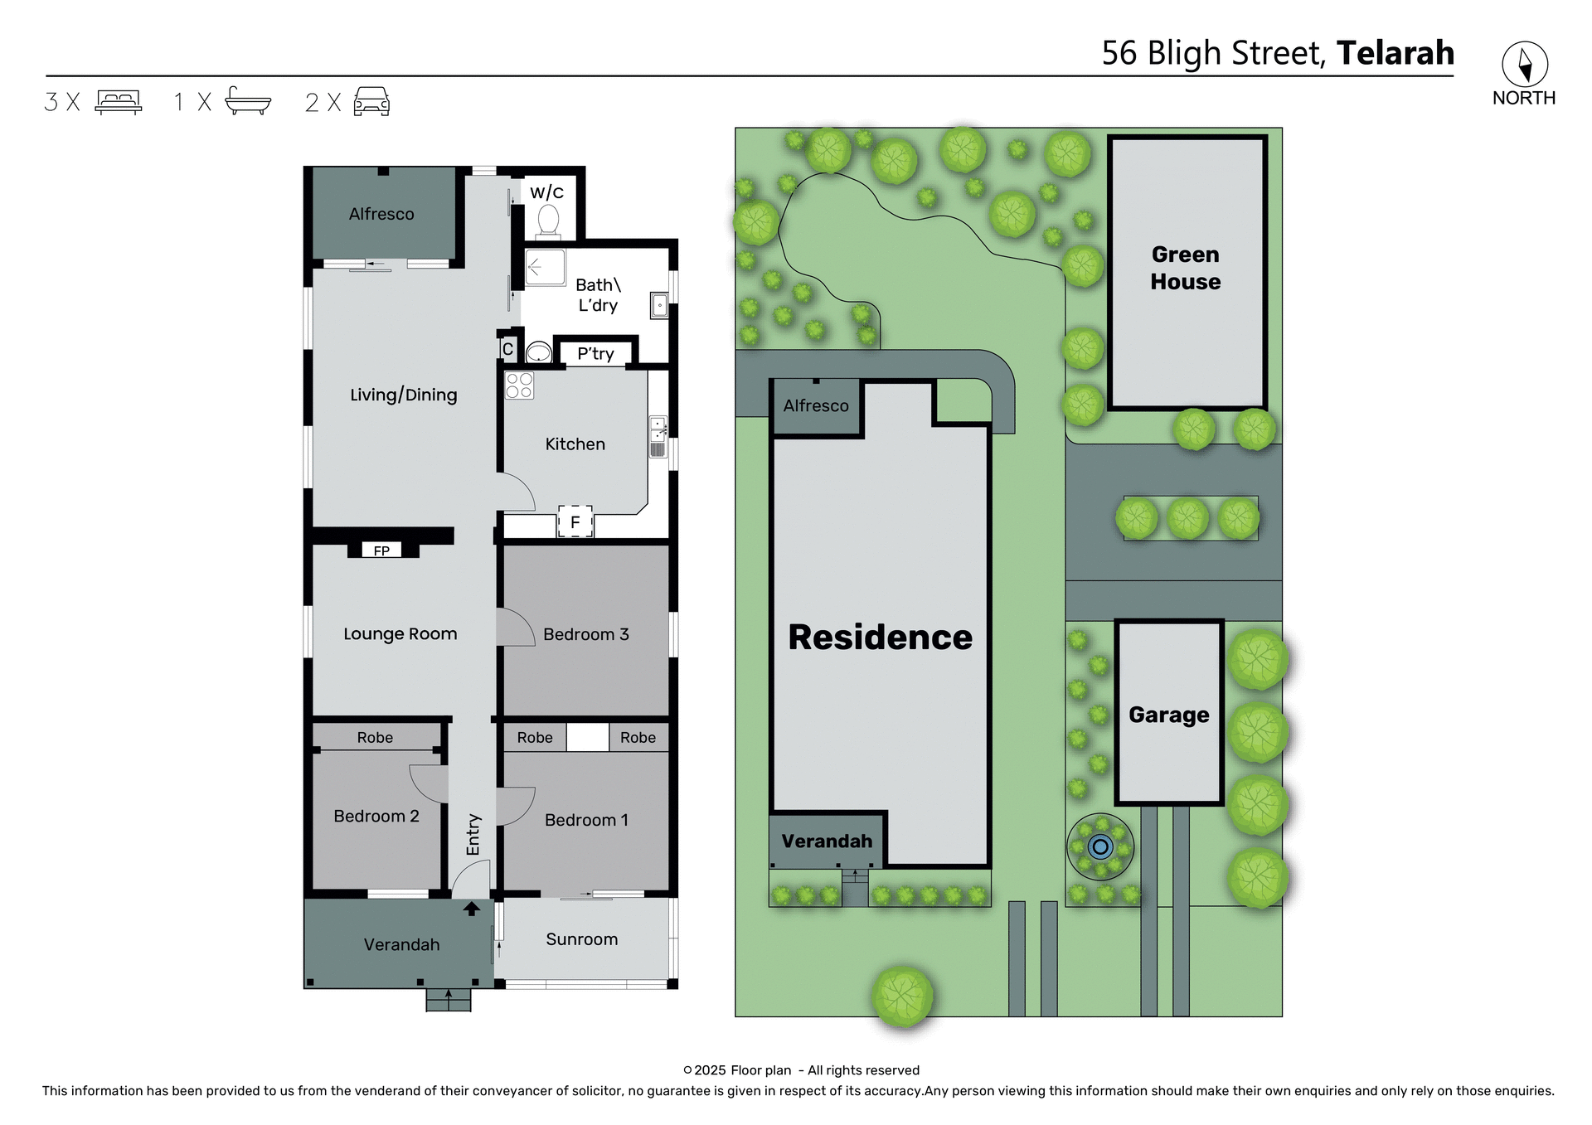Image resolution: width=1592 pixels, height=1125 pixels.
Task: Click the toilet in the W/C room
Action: point(548,220)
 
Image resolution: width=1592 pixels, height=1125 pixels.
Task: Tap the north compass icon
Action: point(1524,65)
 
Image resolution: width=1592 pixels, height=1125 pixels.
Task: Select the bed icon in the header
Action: point(119,102)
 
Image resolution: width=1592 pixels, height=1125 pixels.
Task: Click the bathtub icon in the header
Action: point(248,101)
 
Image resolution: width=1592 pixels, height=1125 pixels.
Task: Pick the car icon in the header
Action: point(371,102)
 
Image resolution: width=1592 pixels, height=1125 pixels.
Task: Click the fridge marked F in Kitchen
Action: point(575,522)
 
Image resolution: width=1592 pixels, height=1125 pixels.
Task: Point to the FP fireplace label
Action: point(381,550)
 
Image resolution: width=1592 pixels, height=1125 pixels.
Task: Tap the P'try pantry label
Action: point(595,354)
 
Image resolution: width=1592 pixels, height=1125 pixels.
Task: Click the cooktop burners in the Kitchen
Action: point(520,386)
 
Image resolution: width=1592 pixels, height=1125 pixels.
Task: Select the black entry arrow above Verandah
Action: point(471,909)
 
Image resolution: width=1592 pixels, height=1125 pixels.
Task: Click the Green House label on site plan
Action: point(1185,268)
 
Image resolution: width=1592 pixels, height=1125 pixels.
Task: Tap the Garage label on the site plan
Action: point(1168,715)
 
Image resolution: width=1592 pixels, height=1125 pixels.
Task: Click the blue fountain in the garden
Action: point(1100,846)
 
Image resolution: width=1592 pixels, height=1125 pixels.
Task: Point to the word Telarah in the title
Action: point(1395,53)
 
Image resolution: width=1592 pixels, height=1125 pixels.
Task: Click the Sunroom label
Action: point(581,939)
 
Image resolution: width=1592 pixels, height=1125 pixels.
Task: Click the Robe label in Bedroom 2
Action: point(375,737)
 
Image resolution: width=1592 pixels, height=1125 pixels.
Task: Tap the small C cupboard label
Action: point(507,349)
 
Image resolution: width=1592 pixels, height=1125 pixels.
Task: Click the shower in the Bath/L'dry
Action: point(545,267)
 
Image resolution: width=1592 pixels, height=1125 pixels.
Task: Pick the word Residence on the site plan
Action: point(880,637)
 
